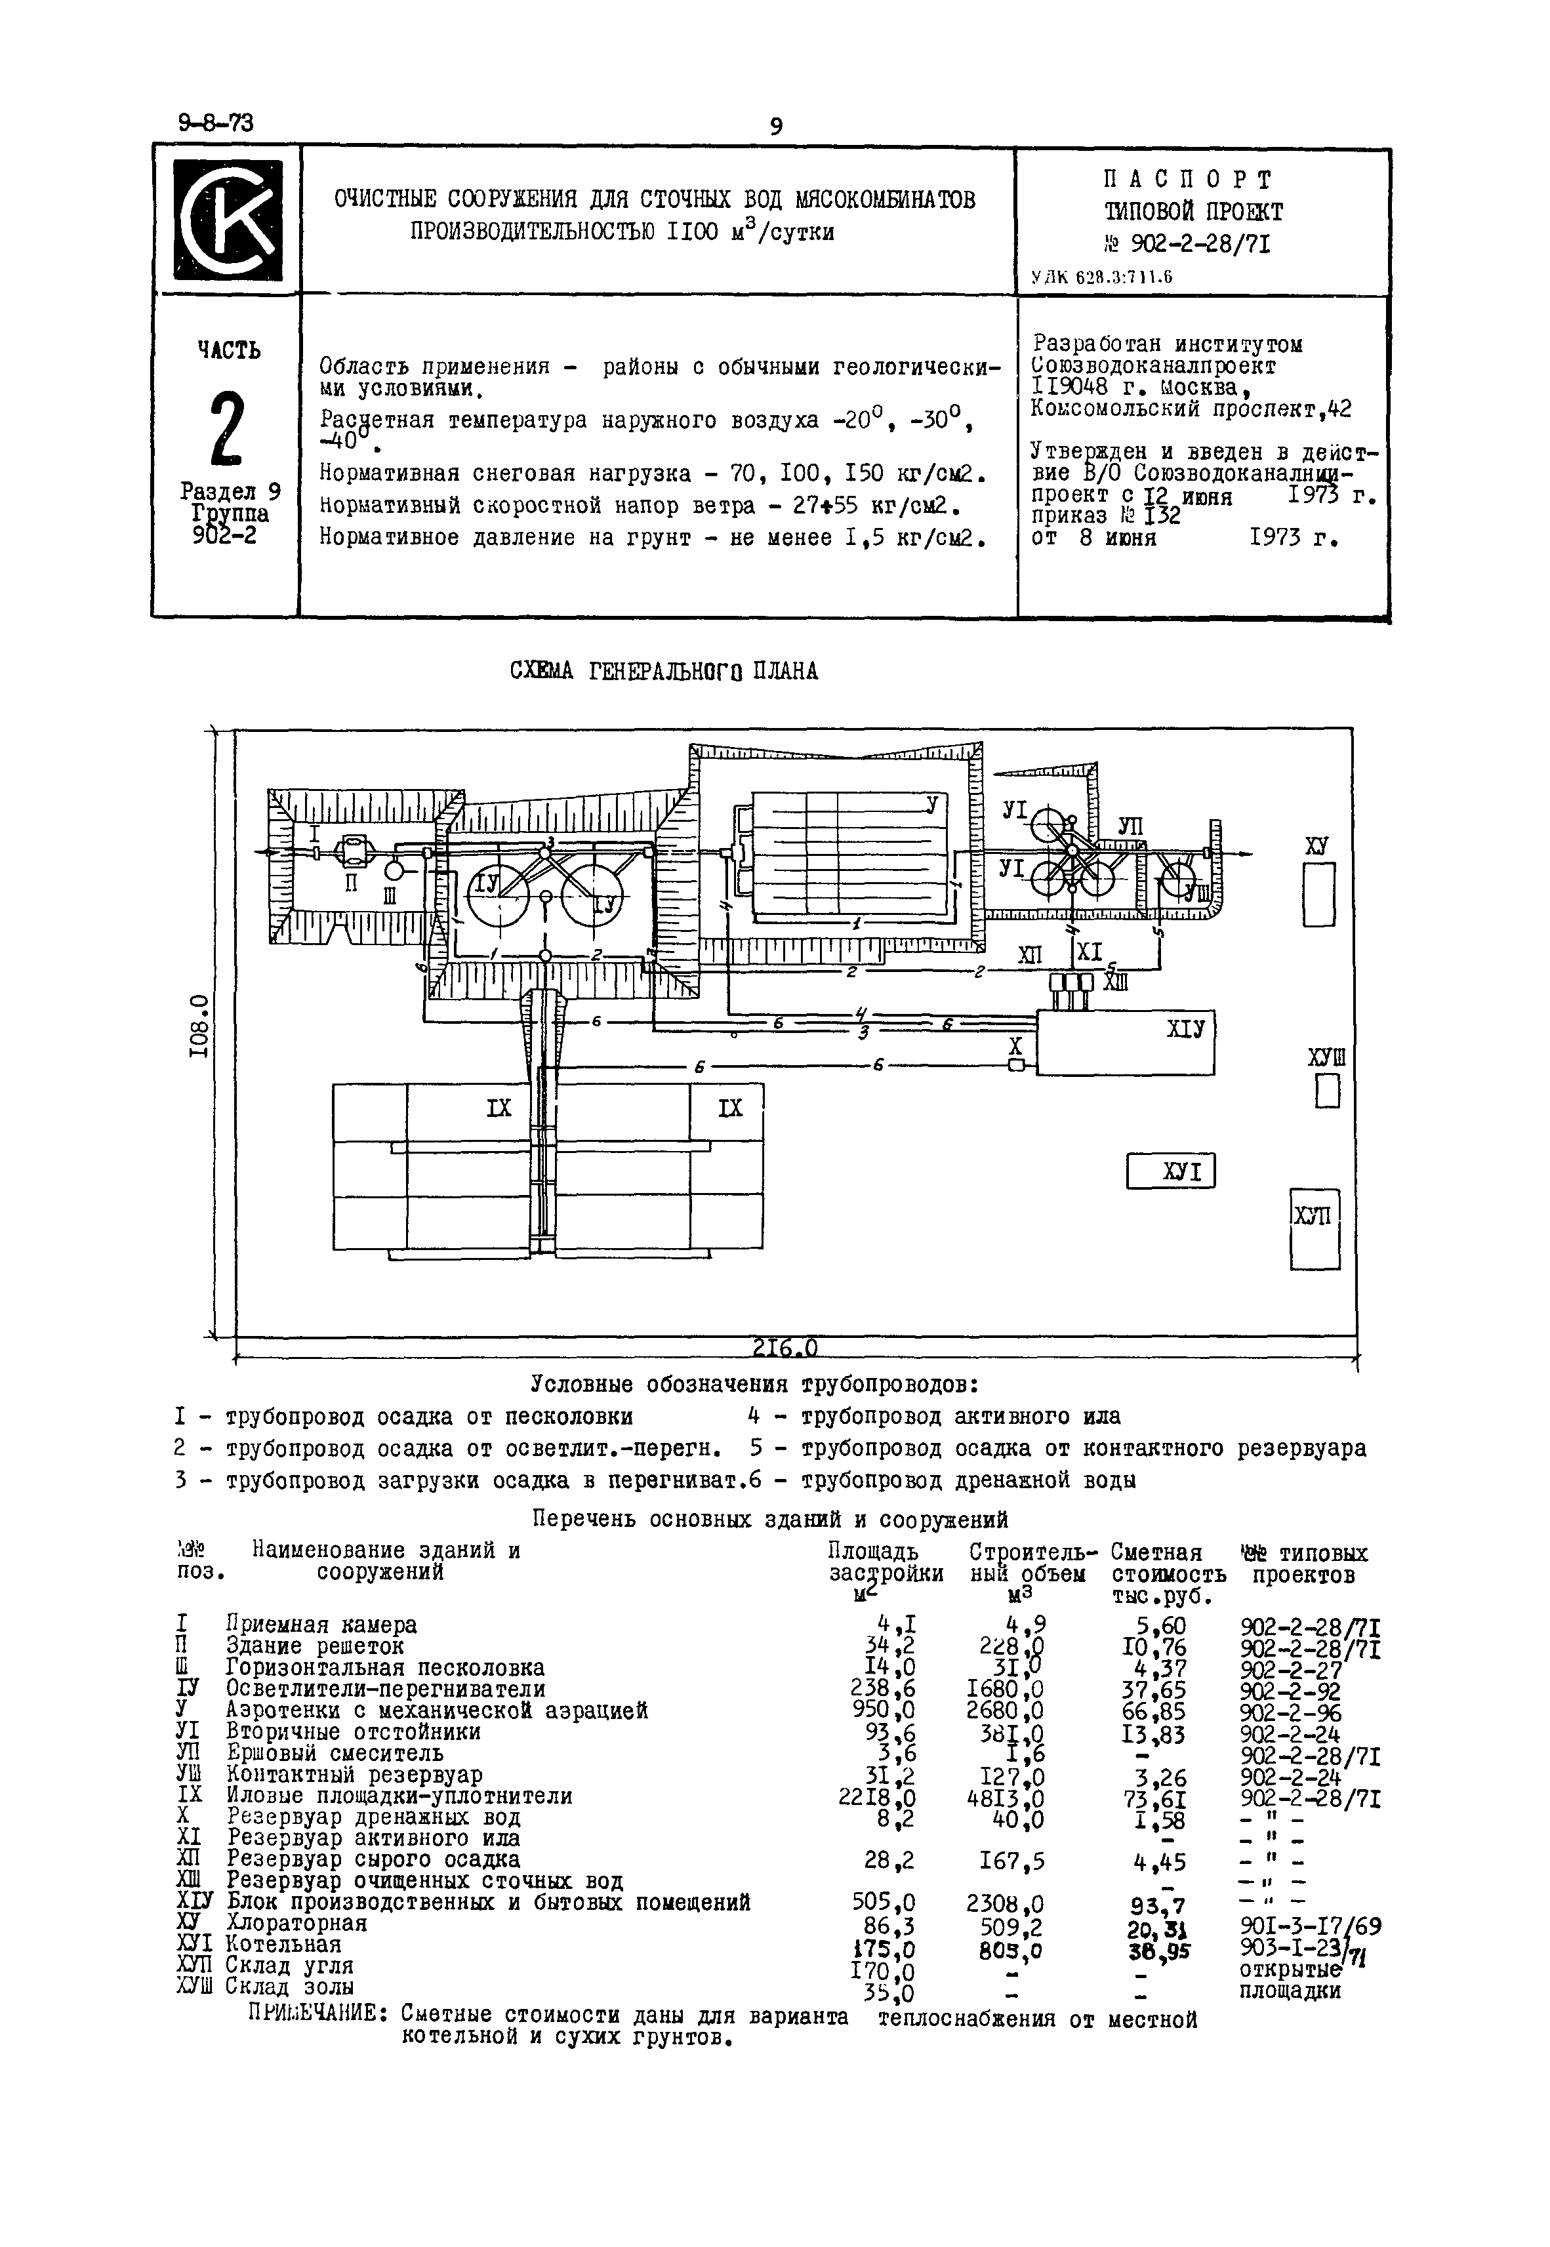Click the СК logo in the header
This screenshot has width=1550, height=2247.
[226, 220]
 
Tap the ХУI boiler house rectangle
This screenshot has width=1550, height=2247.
[1170, 1171]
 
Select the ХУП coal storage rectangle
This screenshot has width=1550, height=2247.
[1315, 1228]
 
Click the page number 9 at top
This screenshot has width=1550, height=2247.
[775, 127]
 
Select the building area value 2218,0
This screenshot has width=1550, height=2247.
[875, 1798]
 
